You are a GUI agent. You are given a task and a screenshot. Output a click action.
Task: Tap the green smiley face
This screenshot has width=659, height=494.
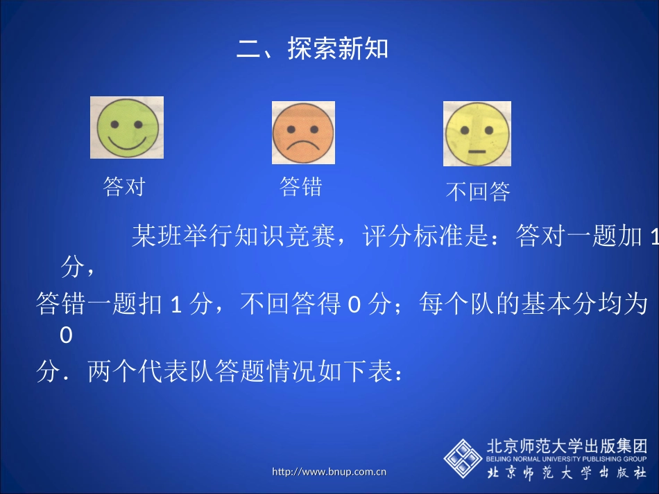(x=127, y=127)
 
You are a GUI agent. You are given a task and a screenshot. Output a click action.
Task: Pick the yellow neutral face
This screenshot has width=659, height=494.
(x=477, y=134)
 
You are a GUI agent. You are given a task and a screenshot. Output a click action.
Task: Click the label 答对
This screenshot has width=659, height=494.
(x=123, y=186)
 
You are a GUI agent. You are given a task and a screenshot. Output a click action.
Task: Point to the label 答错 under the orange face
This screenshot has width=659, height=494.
(x=301, y=186)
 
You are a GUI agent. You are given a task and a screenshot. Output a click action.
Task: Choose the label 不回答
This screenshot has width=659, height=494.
(x=477, y=191)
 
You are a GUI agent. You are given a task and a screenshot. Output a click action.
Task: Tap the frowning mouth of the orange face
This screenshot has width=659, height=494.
(x=303, y=145)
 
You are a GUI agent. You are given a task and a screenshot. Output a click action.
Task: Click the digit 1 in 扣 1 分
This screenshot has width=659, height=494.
(x=176, y=304)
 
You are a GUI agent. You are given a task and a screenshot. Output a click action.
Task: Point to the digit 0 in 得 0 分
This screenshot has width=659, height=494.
(x=353, y=304)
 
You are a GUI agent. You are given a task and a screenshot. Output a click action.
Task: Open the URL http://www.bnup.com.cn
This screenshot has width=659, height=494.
(x=329, y=473)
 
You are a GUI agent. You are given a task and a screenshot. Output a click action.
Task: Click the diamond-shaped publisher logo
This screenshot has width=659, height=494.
(x=463, y=457)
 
